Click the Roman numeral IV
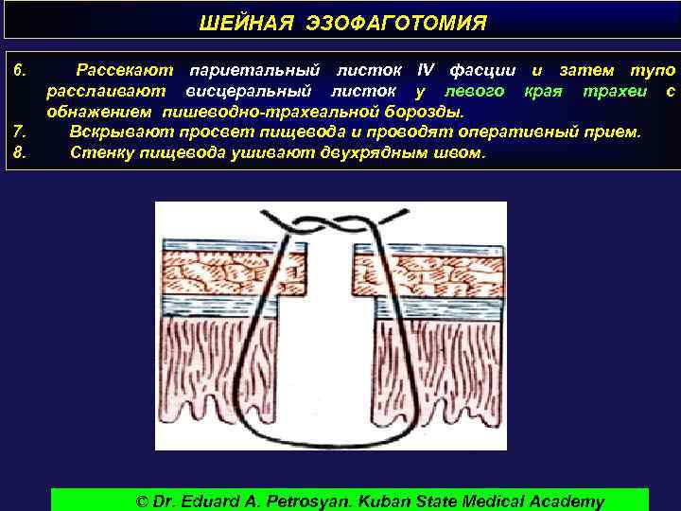pyautogui.click(x=426, y=71)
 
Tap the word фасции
pyautogui.click(x=482, y=71)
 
